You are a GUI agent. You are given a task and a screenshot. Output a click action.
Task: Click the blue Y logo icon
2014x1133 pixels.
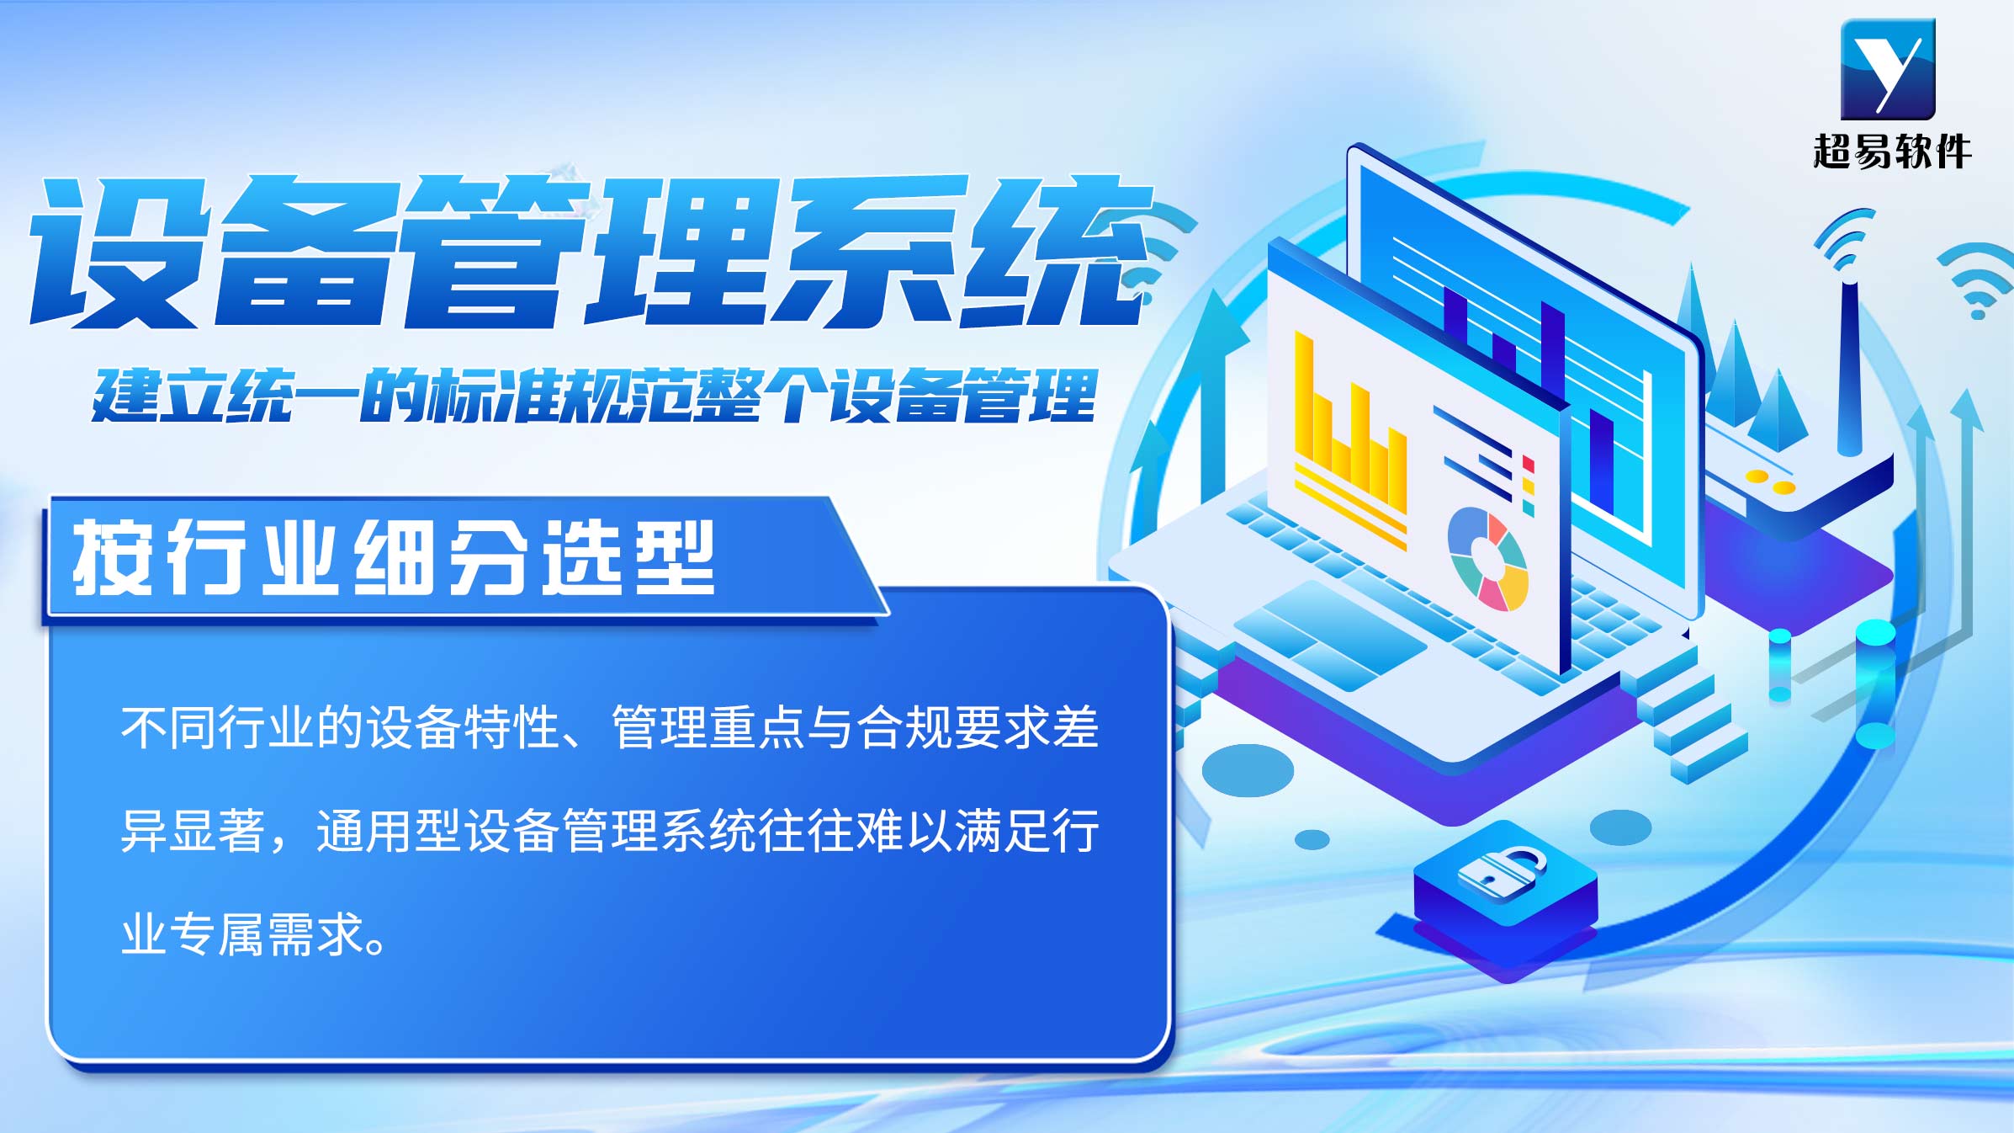click(x=1888, y=69)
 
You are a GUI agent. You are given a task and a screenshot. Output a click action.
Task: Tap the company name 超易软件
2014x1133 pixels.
click(x=1891, y=152)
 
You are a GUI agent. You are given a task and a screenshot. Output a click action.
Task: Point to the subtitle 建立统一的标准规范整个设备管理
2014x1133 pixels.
click(x=594, y=395)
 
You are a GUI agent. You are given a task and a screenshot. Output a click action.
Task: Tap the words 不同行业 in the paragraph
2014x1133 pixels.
click(x=218, y=727)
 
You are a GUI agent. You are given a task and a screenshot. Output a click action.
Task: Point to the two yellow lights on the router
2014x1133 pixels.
click(x=1770, y=481)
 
